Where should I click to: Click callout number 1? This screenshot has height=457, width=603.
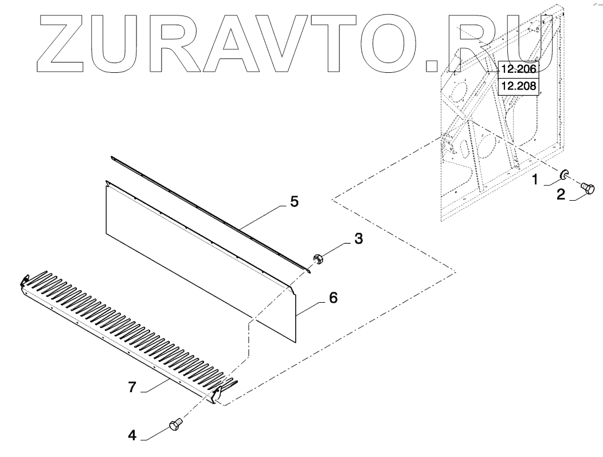pos(534,180)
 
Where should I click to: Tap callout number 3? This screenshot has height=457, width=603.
pos(358,238)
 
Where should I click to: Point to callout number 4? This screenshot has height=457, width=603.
pos(132,435)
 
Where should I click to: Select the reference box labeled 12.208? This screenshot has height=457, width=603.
pos(518,87)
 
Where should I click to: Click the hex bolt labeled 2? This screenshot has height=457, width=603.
pos(588,188)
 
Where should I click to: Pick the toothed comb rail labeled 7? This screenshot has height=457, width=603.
pos(126,333)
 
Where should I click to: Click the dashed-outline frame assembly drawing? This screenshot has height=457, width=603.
pos(499,143)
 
